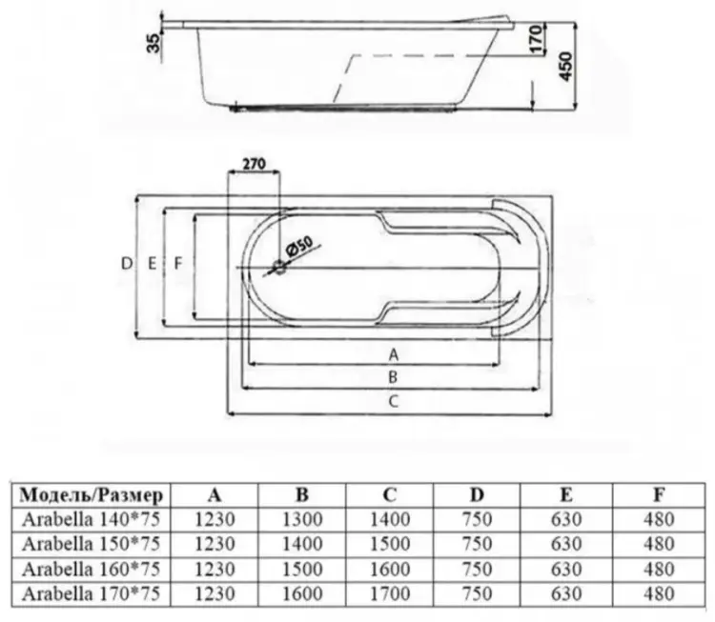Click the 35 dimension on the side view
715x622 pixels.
click(x=155, y=43)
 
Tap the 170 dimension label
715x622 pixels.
click(x=538, y=39)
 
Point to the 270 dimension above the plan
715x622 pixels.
click(x=254, y=163)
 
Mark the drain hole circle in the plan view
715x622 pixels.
click(x=279, y=268)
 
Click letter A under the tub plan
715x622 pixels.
click(x=393, y=354)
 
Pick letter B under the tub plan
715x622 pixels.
click(x=393, y=377)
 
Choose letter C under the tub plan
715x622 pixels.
click(x=393, y=401)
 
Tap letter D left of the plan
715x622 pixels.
click(x=126, y=264)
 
